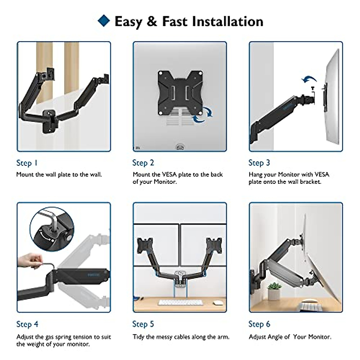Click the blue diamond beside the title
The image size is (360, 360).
(x=104, y=21)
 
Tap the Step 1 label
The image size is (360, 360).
(x=27, y=163)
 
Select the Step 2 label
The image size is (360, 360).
(x=143, y=163)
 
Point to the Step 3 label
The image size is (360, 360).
(x=259, y=163)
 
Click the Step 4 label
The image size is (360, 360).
(x=27, y=324)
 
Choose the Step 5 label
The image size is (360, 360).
(x=143, y=324)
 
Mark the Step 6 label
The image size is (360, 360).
(x=259, y=324)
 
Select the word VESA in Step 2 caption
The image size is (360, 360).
(x=169, y=175)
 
